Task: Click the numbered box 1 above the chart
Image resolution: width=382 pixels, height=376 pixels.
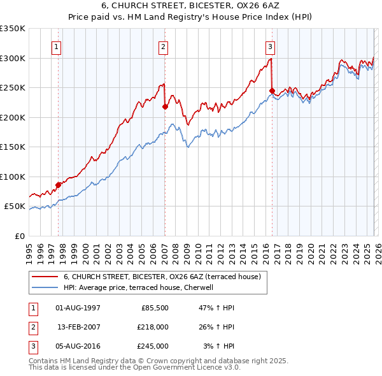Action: (x=57, y=46)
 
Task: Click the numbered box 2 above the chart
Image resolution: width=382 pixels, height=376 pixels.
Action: (x=164, y=46)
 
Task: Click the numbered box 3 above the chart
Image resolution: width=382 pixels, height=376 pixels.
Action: (x=270, y=46)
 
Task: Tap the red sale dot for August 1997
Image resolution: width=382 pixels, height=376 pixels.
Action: (x=58, y=185)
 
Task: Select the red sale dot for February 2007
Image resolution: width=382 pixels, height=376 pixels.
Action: (x=165, y=106)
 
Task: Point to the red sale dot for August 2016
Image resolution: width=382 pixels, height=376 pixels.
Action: (x=272, y=90)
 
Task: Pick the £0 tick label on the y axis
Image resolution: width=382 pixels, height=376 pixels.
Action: (x=20, y=236)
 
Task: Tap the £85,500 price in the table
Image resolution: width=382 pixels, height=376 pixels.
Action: (x=153, y=308)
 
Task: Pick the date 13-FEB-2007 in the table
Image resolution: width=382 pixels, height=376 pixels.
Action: (x=78, y=327)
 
